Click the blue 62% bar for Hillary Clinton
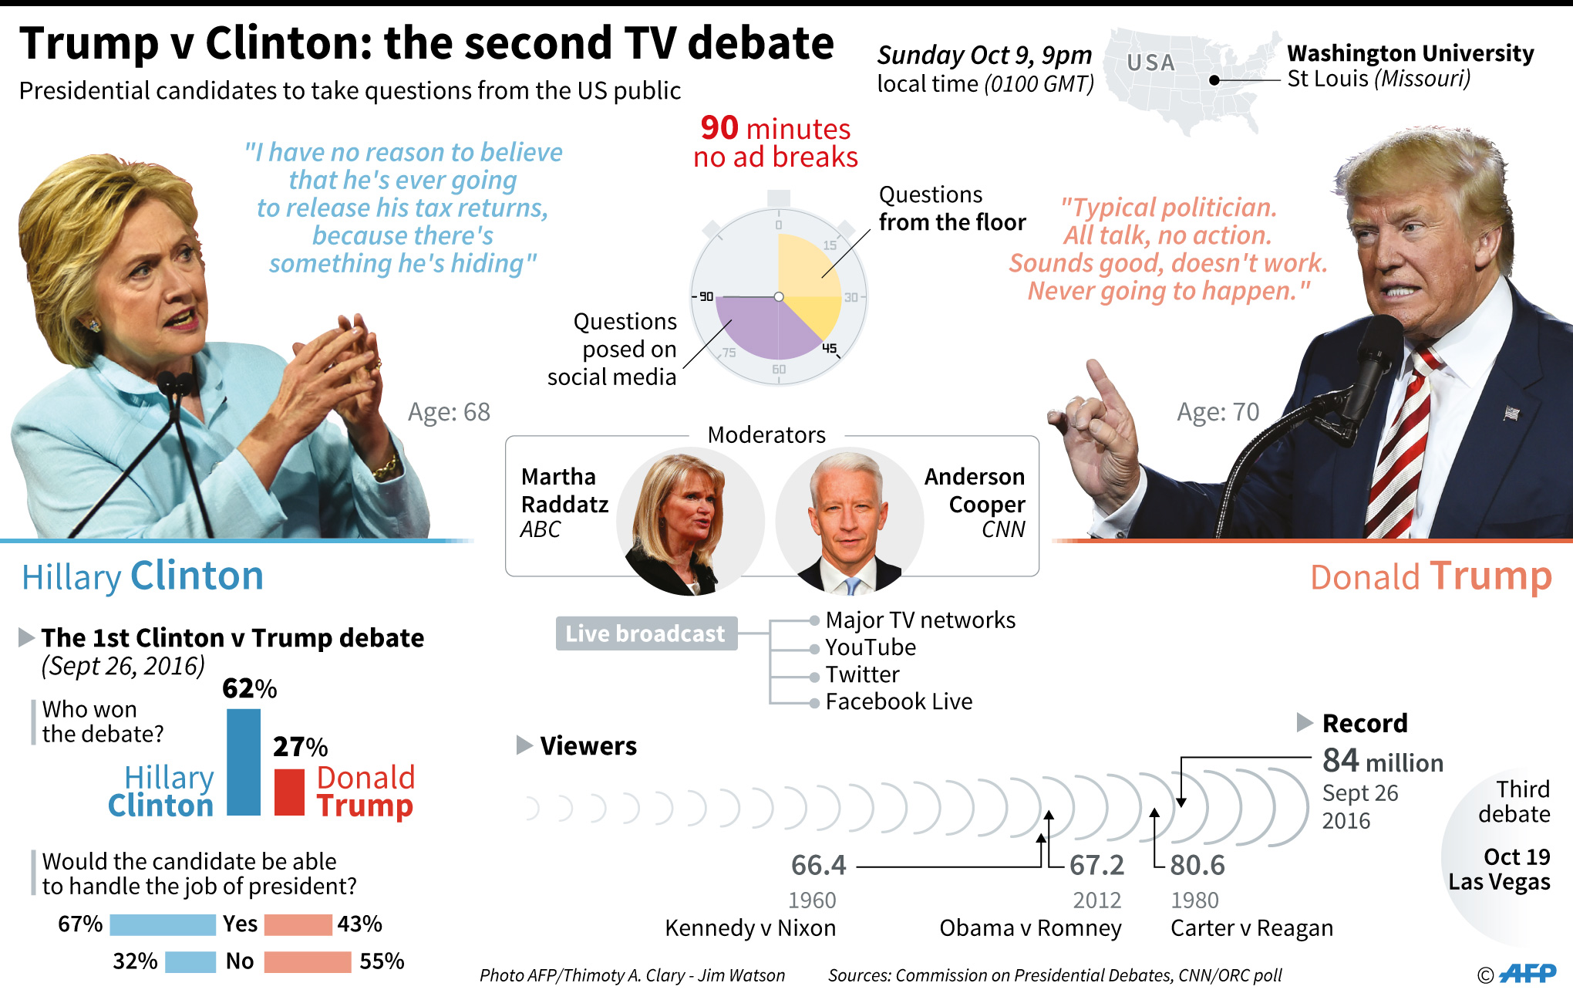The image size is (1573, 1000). point(244,762)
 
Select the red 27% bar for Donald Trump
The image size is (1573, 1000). point(289,792)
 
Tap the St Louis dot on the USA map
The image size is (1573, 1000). point(1214,80)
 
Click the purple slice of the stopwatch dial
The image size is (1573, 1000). point(760,328)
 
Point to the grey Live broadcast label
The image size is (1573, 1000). point(646,633)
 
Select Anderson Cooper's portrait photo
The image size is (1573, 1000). point(847,522)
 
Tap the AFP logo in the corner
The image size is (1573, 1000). point(1528,974)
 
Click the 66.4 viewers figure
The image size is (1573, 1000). point(818,866)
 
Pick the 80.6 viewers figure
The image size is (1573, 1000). point(1197,866)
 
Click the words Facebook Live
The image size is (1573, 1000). point(898,701)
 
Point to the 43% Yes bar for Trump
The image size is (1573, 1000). point(298,924)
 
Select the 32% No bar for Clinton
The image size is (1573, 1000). point(190,961)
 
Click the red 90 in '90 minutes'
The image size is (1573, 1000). point(719,128)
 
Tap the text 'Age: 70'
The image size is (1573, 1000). point(1218,412)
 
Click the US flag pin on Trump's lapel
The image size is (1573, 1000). point(1511,414)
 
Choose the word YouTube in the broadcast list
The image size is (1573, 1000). point(871,647)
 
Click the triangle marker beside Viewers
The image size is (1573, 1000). point(524,745)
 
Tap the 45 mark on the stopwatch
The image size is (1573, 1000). point(829,349)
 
